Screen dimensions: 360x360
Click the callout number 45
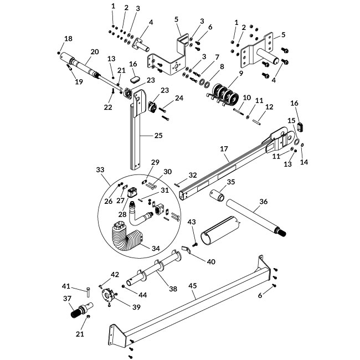tap(192, 286)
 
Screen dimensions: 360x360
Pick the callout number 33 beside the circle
tap(100, 168)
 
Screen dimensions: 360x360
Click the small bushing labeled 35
tap(217, 197)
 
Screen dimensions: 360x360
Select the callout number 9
tap(240, 73)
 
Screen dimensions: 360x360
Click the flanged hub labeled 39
tap(106, 296)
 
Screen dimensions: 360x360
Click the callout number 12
tap(269, 106)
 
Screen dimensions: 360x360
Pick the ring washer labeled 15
tap(296, 142)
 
